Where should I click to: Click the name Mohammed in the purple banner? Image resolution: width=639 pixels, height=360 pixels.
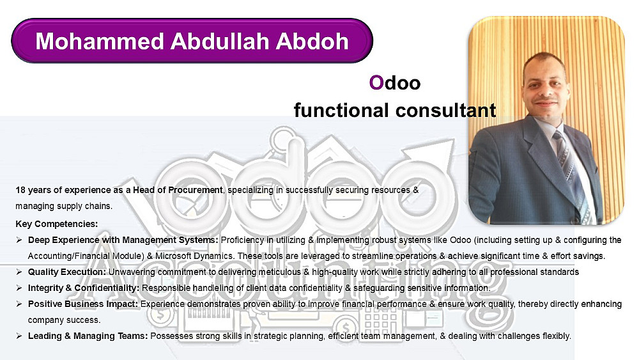tap(100, 41)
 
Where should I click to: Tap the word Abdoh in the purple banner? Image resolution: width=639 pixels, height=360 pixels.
tap(312, 41)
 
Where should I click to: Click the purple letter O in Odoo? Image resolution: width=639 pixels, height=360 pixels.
tap(376, 82)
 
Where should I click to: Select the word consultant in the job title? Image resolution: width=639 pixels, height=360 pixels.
tap(445, 110)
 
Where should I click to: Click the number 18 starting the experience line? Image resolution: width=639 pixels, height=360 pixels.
tap(20, 190)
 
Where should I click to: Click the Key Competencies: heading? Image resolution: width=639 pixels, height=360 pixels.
tap(57, 224)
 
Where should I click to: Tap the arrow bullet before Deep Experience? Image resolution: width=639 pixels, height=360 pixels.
tap(19, 240)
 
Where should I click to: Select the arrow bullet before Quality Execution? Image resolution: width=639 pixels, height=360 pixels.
tap(19, 272)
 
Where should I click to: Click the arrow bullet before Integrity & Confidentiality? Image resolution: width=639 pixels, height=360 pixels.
tap(19, 288)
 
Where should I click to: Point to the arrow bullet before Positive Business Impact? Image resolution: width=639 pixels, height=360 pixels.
tap(19, 304)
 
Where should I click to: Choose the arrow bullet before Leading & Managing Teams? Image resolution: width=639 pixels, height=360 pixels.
tap(19, 336)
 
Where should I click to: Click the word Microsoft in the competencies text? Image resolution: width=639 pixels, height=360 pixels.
tap(173, 256)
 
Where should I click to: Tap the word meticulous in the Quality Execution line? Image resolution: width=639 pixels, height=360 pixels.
tap(280, 272)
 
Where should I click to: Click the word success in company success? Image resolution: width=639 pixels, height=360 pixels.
tap(85, 320)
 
